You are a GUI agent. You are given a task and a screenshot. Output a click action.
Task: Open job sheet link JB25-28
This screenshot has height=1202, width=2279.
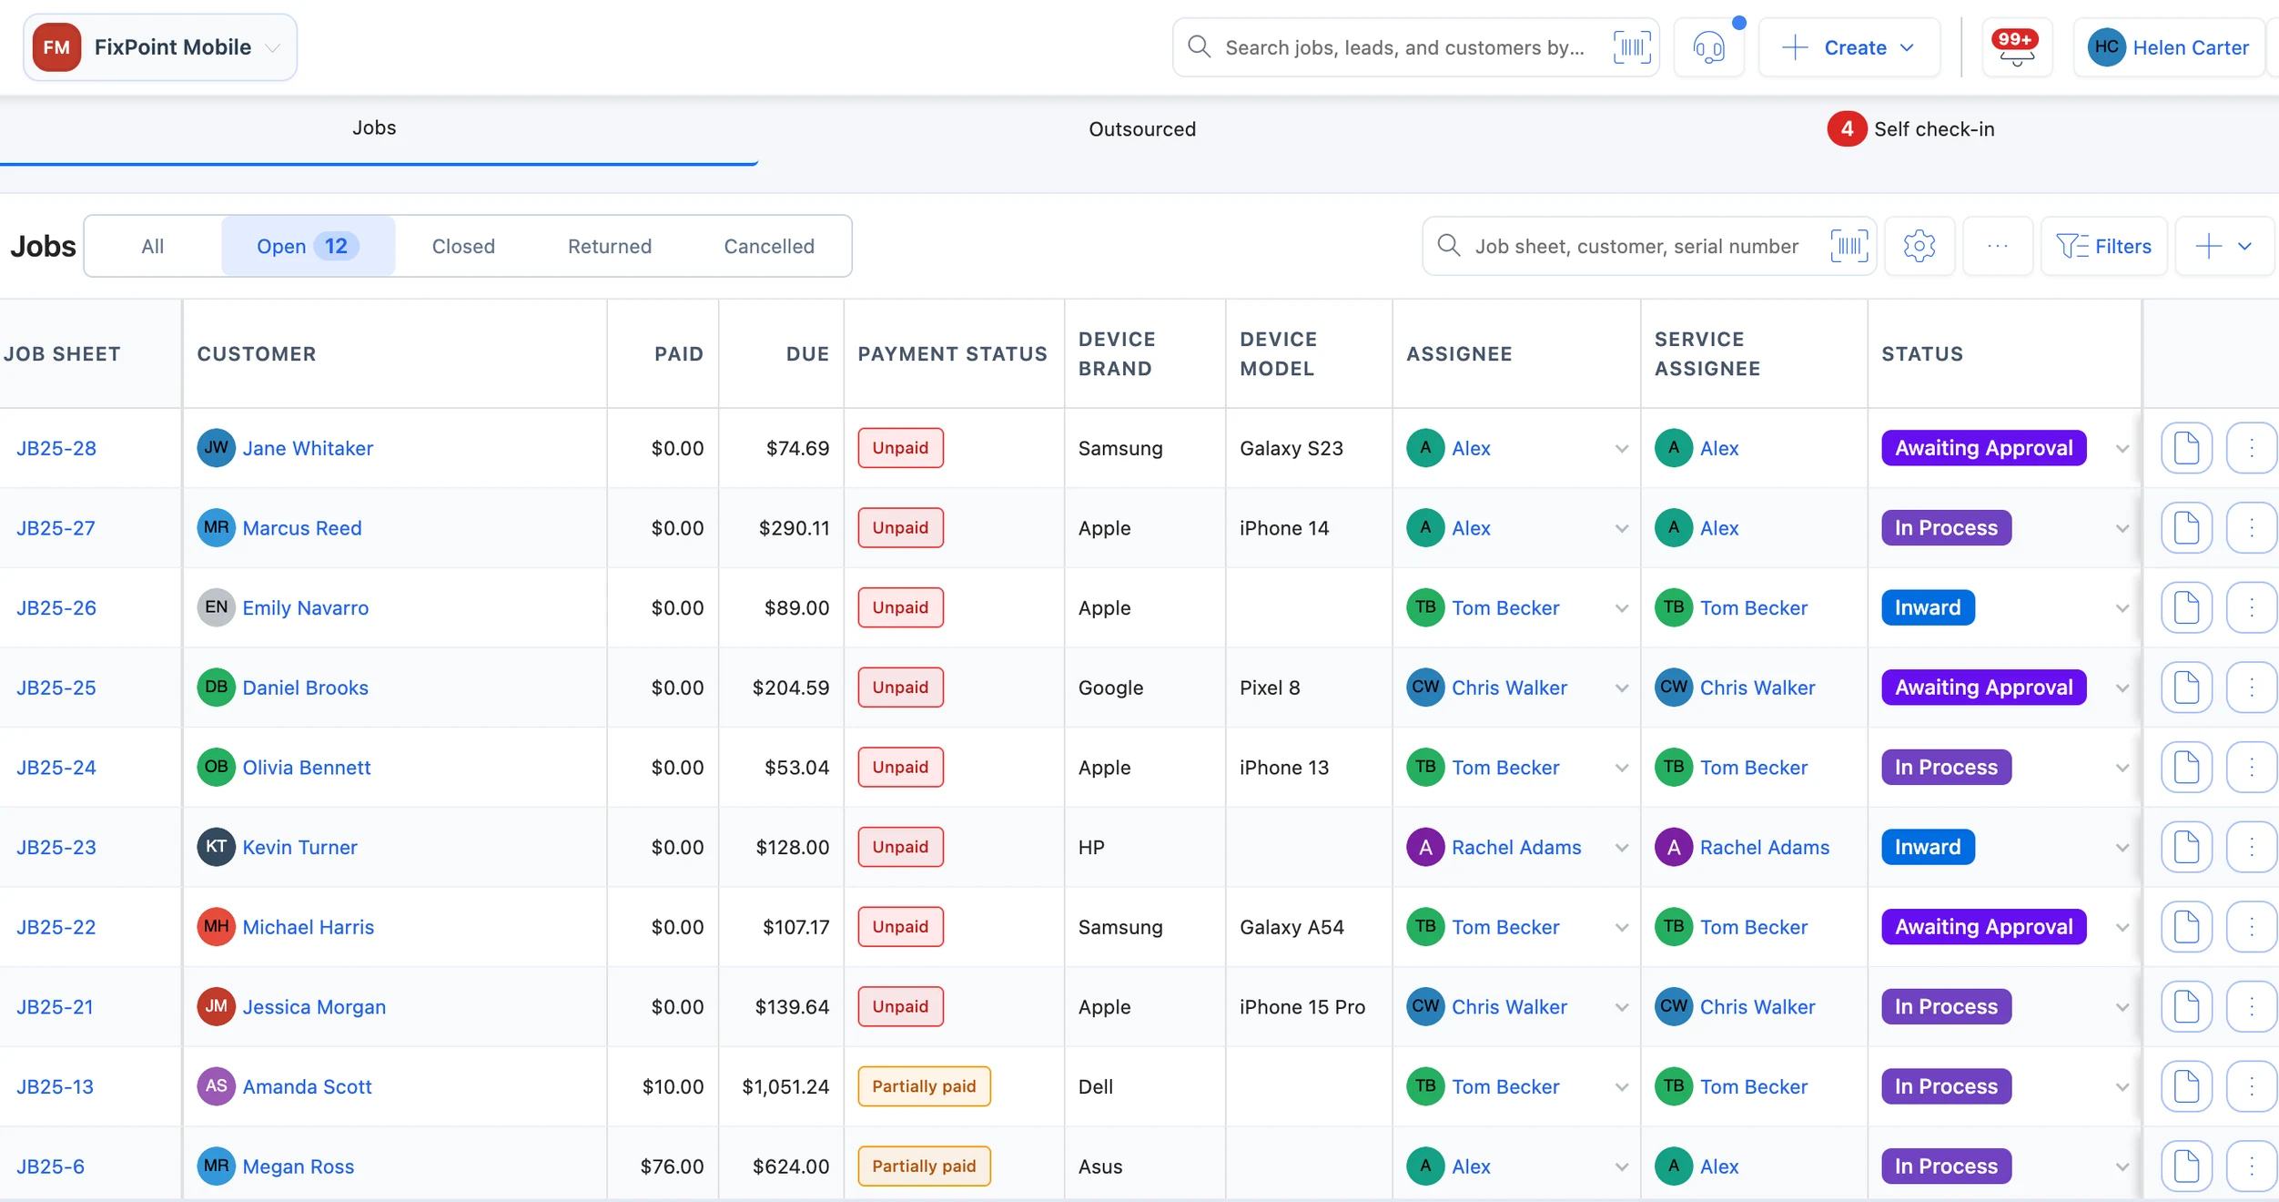(56, 448)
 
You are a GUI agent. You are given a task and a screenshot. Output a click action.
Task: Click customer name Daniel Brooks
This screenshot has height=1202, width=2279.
(305, 688)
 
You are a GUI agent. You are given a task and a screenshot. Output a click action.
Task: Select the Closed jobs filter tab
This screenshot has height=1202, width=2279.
(463, 246)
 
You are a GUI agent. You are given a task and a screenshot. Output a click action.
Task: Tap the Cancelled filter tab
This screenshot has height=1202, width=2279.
(769, 246)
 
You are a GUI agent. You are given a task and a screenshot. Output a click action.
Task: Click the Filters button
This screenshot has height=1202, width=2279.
(2104, 246)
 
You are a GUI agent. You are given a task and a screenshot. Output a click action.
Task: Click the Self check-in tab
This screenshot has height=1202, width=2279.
(1911, 129)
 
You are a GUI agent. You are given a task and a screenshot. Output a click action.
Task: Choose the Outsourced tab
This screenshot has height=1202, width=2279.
(1142, 129)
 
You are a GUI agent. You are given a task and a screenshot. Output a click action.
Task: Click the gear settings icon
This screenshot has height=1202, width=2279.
(1919, 246)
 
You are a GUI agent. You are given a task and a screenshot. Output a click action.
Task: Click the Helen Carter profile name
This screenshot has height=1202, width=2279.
(2191, 47)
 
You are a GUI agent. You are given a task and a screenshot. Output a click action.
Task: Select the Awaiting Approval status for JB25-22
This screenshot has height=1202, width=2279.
(1983, 927)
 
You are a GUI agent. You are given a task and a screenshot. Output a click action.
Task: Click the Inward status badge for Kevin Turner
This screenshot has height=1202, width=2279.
(1928, 847)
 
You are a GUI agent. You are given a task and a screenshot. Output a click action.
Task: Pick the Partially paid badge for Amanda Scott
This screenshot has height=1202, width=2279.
(924, 1086)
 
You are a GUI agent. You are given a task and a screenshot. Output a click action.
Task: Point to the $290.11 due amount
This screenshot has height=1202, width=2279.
(794, 528)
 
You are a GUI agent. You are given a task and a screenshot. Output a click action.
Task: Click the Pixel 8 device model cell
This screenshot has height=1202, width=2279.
(1270, 688)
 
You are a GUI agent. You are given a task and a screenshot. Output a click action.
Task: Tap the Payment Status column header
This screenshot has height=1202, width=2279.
(952, 354)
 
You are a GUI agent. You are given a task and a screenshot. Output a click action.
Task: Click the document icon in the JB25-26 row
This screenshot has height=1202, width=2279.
(2186, 607)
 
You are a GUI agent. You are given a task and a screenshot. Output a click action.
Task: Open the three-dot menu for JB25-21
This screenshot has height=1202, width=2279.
(2252, 1006)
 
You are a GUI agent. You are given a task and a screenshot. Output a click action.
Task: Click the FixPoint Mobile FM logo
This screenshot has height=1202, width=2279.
(56, 47)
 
